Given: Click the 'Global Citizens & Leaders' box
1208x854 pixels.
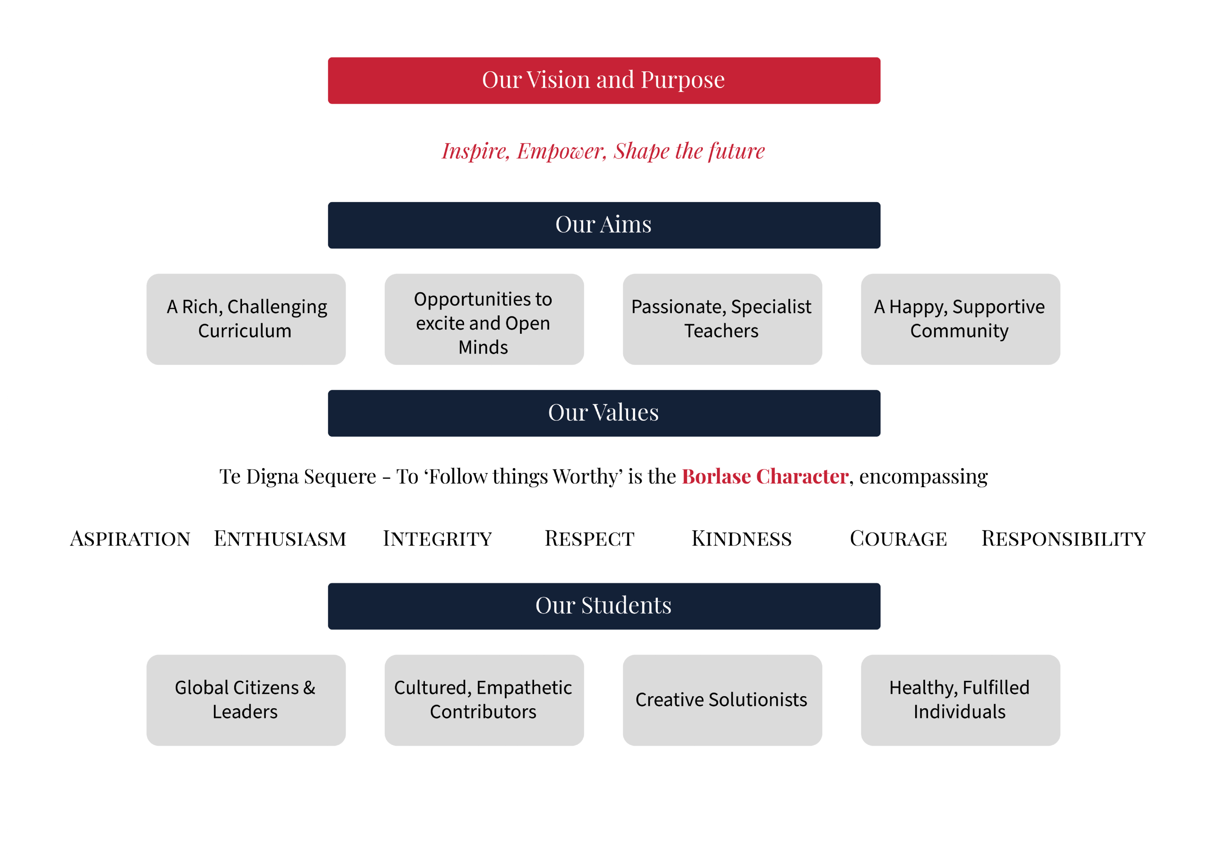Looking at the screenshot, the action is coord(246,700).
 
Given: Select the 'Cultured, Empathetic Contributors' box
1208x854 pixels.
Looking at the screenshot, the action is coord(484,700).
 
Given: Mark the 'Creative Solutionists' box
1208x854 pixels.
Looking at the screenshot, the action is coord(722,700).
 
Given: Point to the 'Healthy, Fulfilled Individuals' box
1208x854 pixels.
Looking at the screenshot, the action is coord(960,700).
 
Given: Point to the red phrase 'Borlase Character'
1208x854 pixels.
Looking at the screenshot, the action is coord(765,476).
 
